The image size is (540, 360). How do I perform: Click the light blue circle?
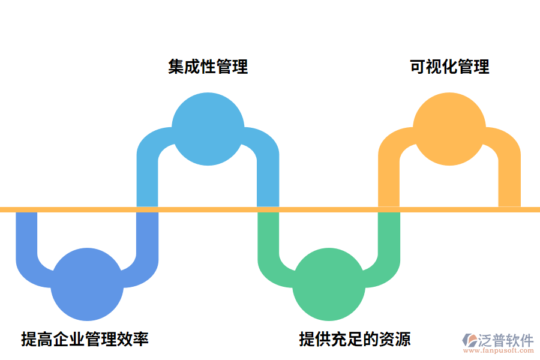click(208, 129)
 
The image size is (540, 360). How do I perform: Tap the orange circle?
click(449, 129)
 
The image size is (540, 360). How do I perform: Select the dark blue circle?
click(87, 284)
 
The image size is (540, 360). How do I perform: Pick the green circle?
click(329, 284)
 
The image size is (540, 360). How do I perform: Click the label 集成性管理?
click(208, 67)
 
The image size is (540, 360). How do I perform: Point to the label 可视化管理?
click(449, 67)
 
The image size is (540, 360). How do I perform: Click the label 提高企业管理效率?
click(85, 339)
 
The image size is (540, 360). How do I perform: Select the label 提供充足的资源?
click(355, 339)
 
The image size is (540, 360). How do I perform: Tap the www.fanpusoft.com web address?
click(500, 352)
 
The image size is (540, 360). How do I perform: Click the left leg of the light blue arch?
click(148, 180)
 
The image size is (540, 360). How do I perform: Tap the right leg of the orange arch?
click(509, 180)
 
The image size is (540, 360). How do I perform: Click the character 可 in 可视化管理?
click(418, 67)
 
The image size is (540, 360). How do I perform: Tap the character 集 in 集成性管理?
click(176, 67)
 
